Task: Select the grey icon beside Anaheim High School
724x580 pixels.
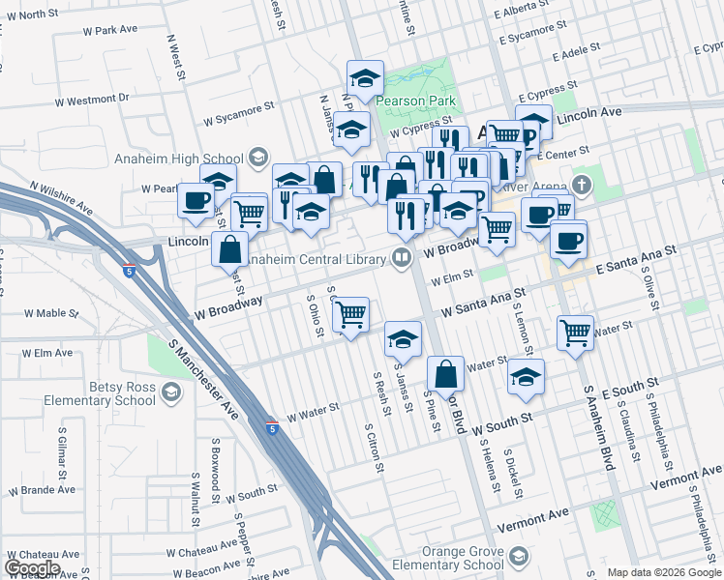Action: point(257,156)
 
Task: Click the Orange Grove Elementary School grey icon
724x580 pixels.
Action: point(521,557)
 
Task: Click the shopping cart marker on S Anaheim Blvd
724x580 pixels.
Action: point(576,333)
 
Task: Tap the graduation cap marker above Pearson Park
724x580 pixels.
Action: point(366,77)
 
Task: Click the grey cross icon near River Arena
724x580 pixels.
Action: point(581,184)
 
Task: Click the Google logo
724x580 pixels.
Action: point(32,567)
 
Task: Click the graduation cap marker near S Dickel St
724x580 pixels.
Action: point(526,377)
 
